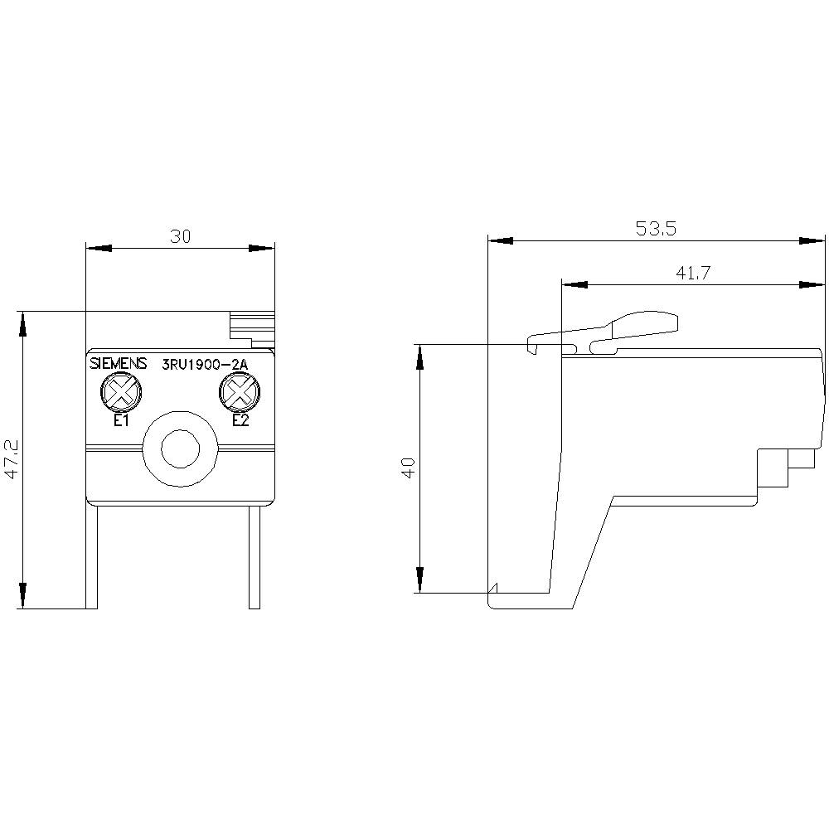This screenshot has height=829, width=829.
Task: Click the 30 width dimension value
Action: pyautogui.click(x=181, y=236)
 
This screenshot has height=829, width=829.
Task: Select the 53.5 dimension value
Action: pyautogui.click(x=656, y=230)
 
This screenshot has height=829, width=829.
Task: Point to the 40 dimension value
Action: pyautogui.click(x=408, y=468)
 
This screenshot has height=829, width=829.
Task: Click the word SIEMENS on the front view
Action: pyautogui.click(x=118, y=363)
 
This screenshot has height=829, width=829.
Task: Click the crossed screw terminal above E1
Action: pyautogui.click(x=121, y=392)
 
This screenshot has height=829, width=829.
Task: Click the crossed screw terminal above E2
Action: pyautogui.click(x=239, y=392)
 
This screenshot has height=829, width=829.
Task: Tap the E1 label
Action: pyautogui.click(x=121, y=420)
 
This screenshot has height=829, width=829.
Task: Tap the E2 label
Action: pyautogui.click(x=240, y=420)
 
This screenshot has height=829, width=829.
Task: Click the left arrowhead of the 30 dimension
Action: pyautogui.click(x=99, y=248)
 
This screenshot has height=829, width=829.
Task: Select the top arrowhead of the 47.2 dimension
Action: pyautogui.click(x=22, y=324)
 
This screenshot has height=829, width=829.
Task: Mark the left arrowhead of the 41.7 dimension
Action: pyautogui.click(x=574, y=284)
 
